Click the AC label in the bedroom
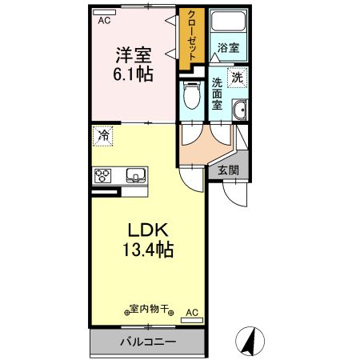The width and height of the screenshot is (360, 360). [104, 21]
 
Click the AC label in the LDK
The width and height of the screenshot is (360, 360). [192, 312]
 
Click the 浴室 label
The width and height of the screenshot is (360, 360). [228, 48]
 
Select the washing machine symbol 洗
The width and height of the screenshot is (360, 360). [238, 78]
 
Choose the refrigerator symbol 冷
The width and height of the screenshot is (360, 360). [103, 136]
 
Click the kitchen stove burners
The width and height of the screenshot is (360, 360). [104, 174]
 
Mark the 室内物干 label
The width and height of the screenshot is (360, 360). [149, 309]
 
